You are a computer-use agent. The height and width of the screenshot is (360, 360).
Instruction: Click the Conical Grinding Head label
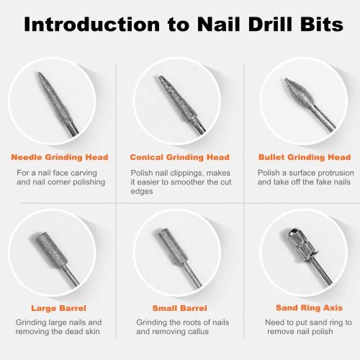pyautogui.click(x=179, y=157)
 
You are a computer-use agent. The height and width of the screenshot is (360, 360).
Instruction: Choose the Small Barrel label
pyautogui.click(x=179, y=307)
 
